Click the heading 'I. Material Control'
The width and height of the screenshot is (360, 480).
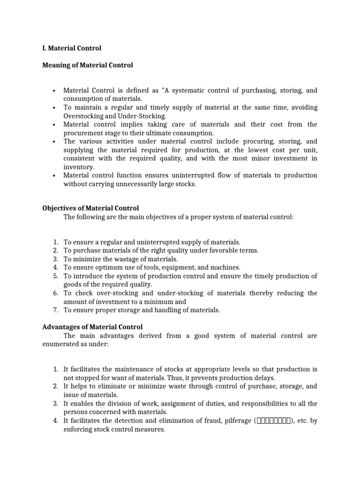[x=72, y=48]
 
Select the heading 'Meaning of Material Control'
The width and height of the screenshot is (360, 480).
[x=88, y=65]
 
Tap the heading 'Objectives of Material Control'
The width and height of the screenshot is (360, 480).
[x=90, y=208]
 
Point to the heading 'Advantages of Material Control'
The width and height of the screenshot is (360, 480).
[x=92, y=327]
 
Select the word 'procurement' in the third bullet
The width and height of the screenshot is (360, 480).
[x=82, y=133]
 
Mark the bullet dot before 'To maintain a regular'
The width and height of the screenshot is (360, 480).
[x=55, y=107]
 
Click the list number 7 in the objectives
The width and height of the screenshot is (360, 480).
[x=55, y=310]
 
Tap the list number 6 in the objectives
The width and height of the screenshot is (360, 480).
[x=55, y=293]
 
